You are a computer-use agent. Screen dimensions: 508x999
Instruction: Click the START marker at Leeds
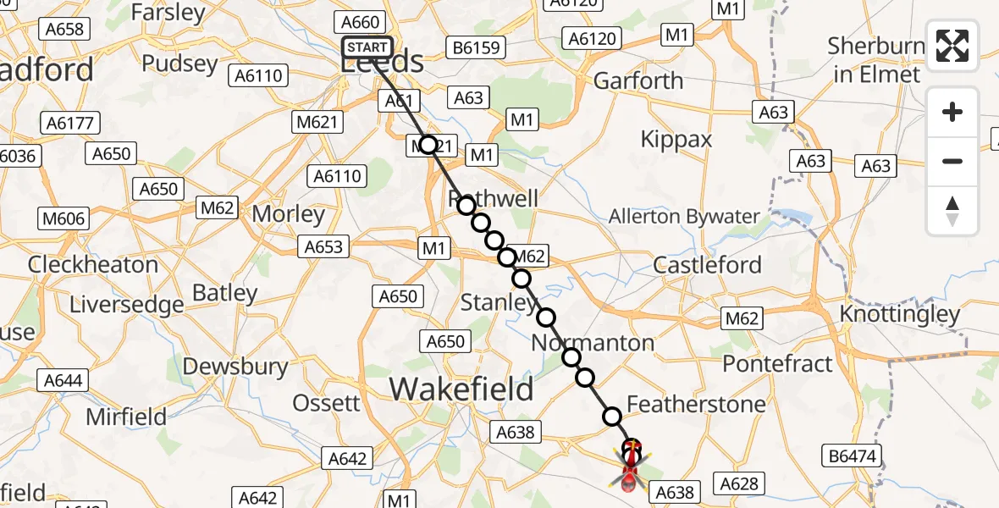(367, 47)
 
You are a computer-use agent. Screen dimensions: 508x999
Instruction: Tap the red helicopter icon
(631, 468)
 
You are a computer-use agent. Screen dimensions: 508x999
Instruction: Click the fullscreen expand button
(952, 46)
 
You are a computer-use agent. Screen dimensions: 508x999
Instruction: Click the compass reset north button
(952, 211)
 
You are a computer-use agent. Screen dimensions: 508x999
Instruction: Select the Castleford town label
(708, 265)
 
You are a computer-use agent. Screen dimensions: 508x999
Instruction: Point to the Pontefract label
(777, 363)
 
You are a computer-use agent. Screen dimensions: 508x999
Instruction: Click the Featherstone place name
(696, 404)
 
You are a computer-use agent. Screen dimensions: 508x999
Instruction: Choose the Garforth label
(638, 81)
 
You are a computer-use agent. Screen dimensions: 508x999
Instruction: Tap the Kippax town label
(676, 139)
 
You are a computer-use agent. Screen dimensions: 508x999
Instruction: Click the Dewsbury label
(236, 367)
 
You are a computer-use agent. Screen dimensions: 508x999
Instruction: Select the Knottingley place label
(900, 314)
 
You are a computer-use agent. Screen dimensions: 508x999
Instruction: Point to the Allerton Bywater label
(684, 217)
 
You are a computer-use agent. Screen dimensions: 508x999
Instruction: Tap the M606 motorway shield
(63, 219)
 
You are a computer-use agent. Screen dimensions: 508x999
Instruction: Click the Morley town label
(289, 214)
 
